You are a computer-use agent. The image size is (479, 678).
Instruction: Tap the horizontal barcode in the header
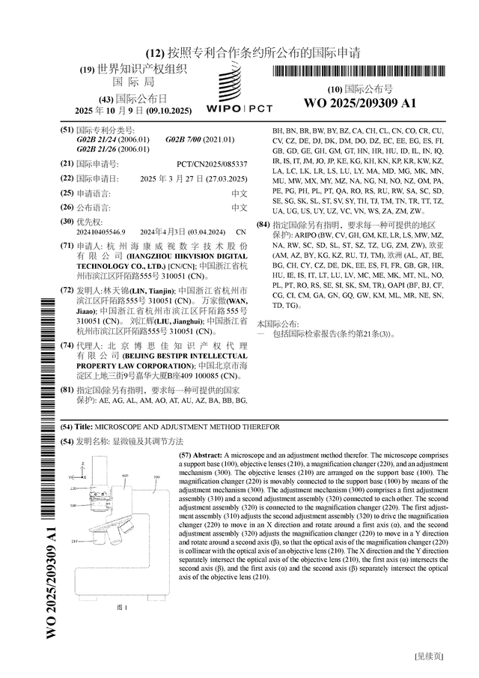(359, 72)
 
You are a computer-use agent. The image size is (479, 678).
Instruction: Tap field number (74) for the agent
(67, 346)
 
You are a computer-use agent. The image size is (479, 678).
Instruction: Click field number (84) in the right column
(262, 225)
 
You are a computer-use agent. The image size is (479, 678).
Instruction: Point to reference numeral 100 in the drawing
(157, 476)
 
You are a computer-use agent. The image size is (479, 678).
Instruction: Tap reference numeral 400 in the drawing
(125, 476)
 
